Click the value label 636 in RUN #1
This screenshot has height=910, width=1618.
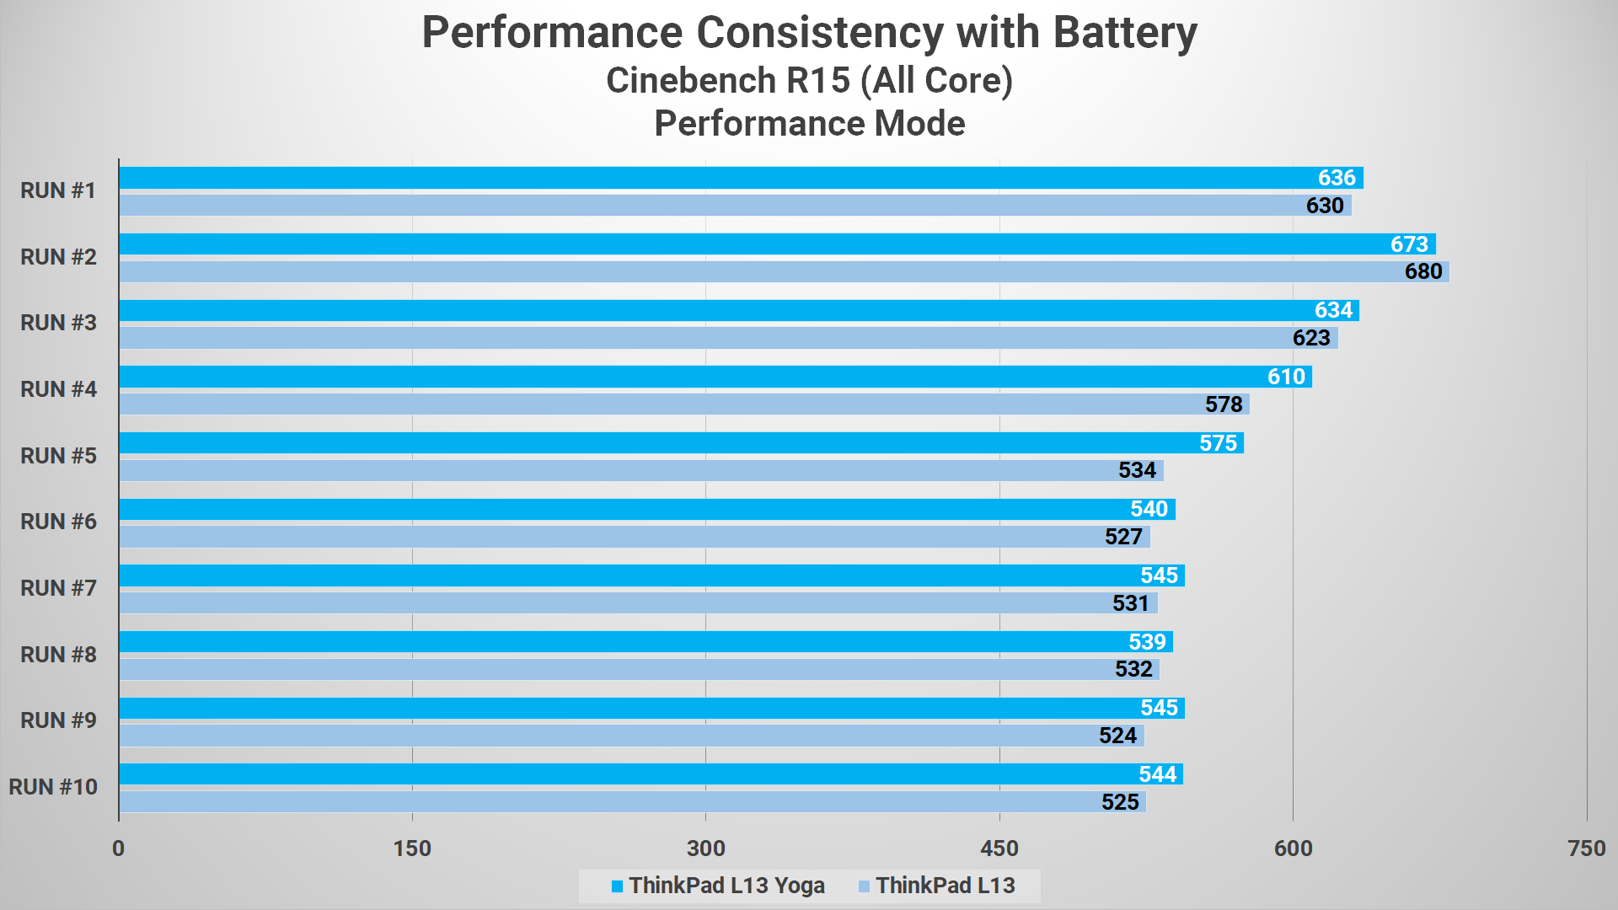(x=1337, y=178)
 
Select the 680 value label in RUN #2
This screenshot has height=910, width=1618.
(x=1423, y=271)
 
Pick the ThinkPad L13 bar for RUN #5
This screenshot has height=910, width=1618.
(x=640, y=470)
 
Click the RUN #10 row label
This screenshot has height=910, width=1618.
(x=53, y=787)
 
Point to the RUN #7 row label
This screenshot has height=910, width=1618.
(x=58, y=588)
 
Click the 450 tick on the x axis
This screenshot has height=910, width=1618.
(x=999, y=848)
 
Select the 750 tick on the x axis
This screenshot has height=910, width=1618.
(x=1586, y=848)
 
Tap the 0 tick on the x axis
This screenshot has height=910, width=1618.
(x=119, y=848)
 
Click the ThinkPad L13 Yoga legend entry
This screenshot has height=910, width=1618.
(x=718, y=886)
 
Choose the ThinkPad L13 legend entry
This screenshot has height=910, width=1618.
(x=936, y=886)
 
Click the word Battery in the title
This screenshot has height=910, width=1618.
(x=1124, y=34)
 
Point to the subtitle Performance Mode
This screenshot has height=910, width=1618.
(x=809, y=124)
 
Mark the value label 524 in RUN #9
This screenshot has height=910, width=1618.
(x=1117, y=736)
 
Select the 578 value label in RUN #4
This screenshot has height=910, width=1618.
(x=1224, y=404)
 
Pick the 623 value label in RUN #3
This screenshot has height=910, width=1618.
(x=1311, y=338)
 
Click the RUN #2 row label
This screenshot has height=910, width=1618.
(x=58, y=257)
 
